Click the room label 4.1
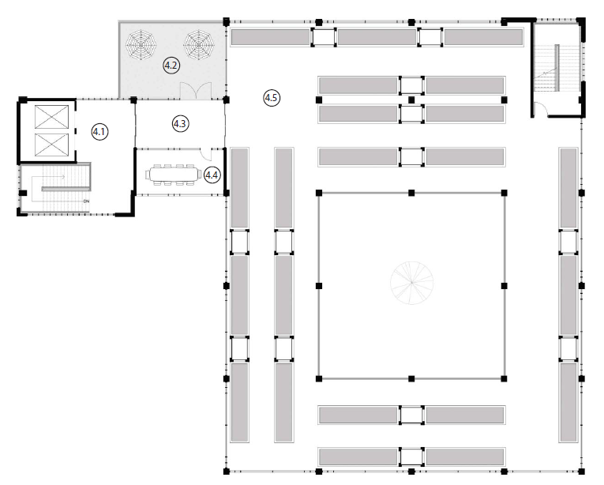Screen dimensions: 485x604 pyautogui.click(x=99, y=132)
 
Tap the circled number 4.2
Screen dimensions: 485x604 pyautogui.click(x=171, y=65)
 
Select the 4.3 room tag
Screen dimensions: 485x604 pyautogui.click(x=179, y=123)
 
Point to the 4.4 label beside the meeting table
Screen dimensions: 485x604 pyautogui.click(x=212, y=175)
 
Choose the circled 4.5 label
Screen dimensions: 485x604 pyautogui.click(x=271, y=98)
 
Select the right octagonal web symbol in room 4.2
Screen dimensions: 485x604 pyautogui.click(x=198, y=44)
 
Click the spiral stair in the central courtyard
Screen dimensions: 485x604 pyautogui.click(x=411, y=284)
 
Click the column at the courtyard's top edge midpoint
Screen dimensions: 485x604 pyautogui.click(x=411, y=192)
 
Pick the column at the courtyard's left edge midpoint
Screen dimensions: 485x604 pyautogui.click(x=318, y=284)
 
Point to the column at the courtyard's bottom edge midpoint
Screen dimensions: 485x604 pyautogui.click(x=411, y=378)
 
